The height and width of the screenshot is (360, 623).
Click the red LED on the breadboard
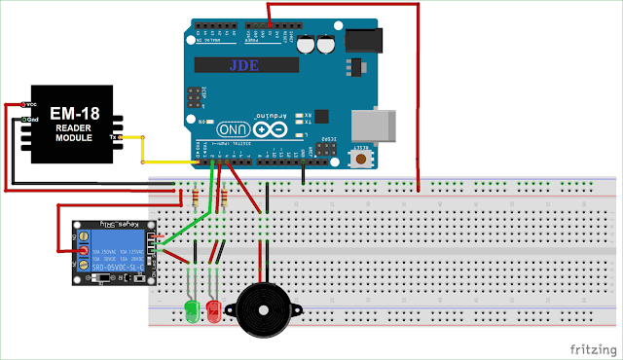point(214,310)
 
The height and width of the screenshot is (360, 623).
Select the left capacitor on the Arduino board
point(308,45)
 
